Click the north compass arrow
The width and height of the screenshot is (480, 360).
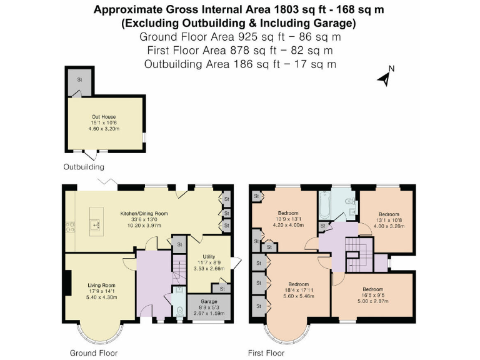[x=385, y=77]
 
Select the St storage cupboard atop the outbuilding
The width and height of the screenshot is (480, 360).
[x=79, y=81]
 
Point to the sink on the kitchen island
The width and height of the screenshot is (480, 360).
[x=96, y=222]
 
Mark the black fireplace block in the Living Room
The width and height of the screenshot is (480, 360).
[x=67, y=282]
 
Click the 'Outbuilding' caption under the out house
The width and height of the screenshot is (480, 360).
[x=84, y=167]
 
